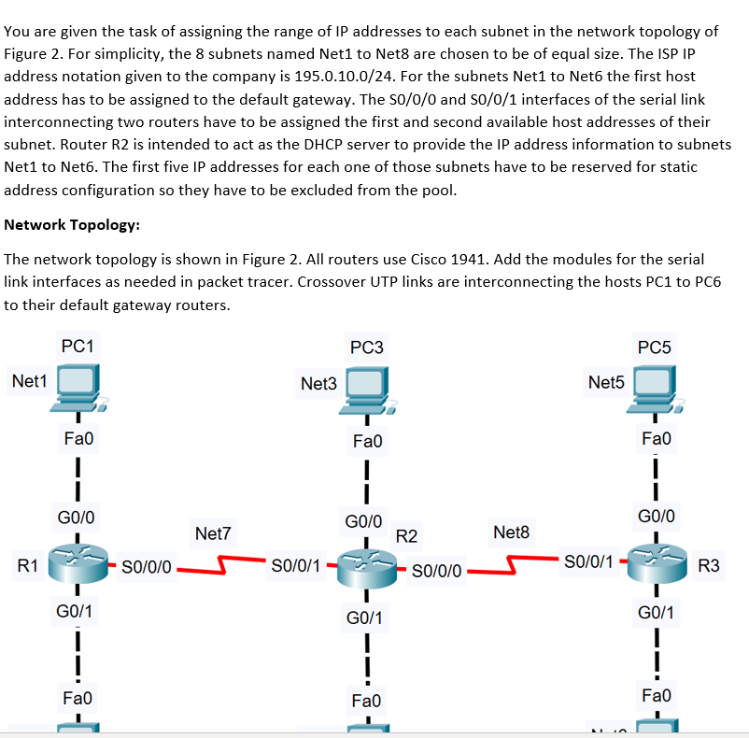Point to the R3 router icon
[x=656, y=563]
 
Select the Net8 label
[x=511, y=532]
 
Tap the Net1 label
[x=29, y=380]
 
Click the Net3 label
[x=318, y=383]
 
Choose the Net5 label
[x=606, y=382]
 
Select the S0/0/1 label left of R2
[x=295, y=565]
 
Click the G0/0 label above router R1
[x=76, y=516]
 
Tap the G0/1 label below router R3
[x=658, y=613]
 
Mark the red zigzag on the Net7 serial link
[x=225, y=564]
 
